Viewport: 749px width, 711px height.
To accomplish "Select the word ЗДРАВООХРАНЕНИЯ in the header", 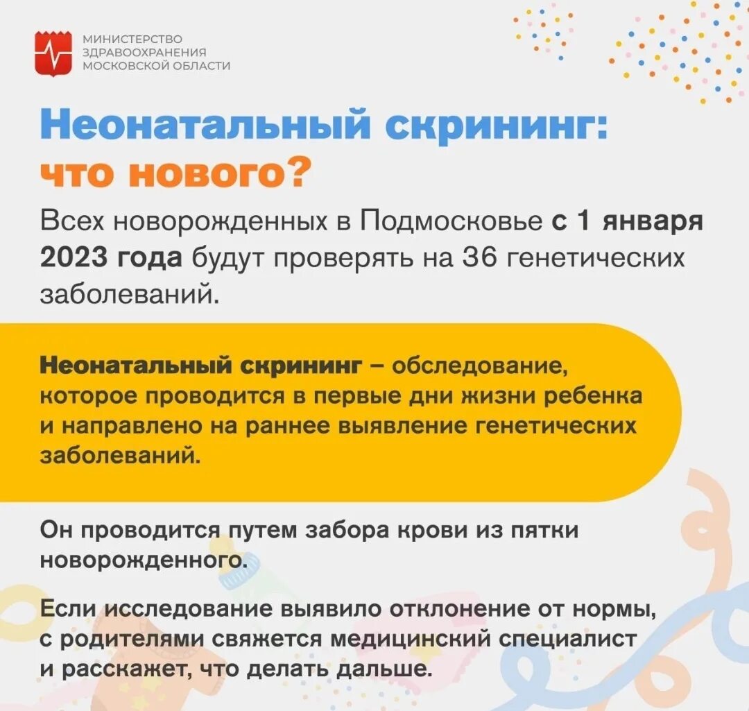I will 145,52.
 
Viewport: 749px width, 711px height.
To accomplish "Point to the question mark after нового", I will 295,173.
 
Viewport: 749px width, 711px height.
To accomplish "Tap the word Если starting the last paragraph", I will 71,610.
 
